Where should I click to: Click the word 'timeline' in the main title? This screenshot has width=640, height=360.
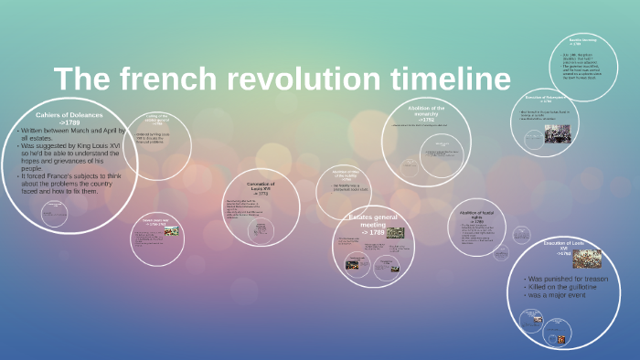coord(445,79)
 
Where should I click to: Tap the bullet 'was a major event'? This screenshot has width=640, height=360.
coord(558,296)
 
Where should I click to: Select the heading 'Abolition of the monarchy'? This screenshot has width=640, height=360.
coord(426,111)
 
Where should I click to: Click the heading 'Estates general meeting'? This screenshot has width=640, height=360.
coord(372,221)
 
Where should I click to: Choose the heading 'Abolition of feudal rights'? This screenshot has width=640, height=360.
coord(476,215)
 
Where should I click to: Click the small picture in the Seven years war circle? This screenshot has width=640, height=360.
coord(171,231)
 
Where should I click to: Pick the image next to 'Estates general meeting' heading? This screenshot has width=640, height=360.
coord(395,232)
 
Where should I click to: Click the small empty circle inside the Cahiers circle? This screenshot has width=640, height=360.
coord(56,214)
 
